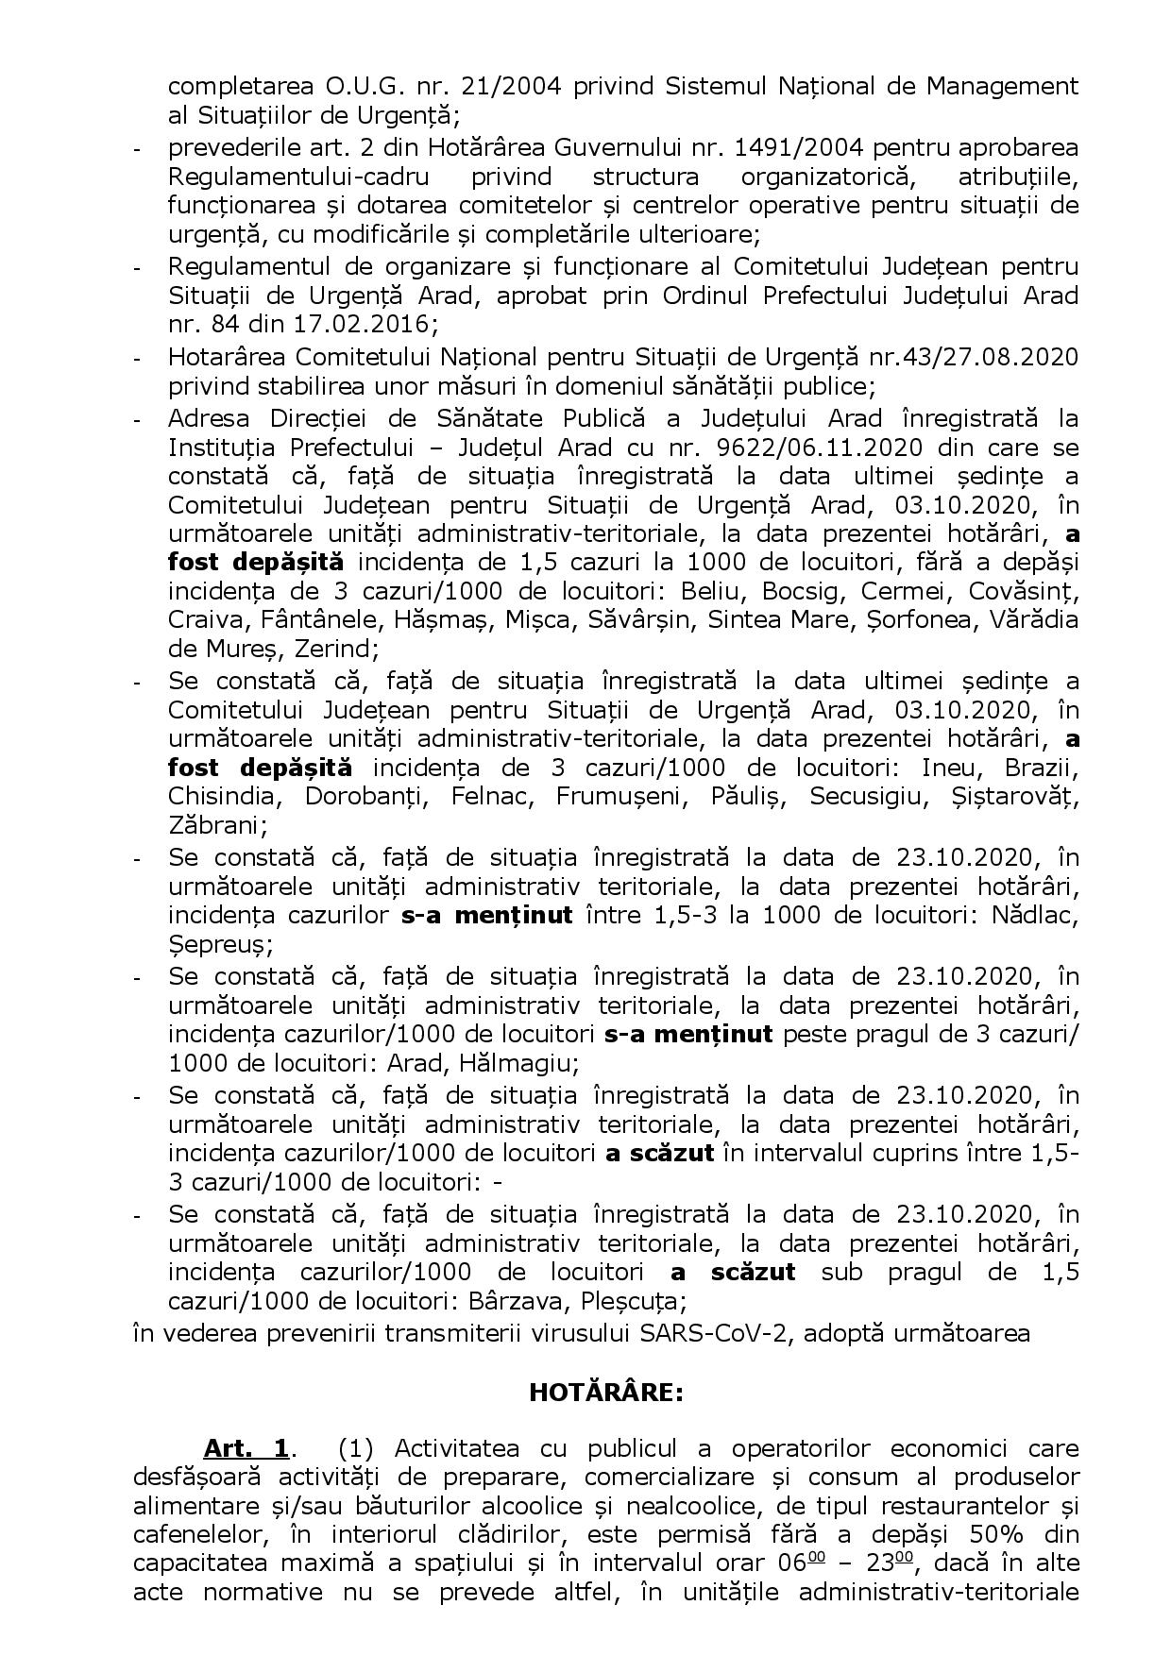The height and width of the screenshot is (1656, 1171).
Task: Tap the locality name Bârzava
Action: point(511,1301)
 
